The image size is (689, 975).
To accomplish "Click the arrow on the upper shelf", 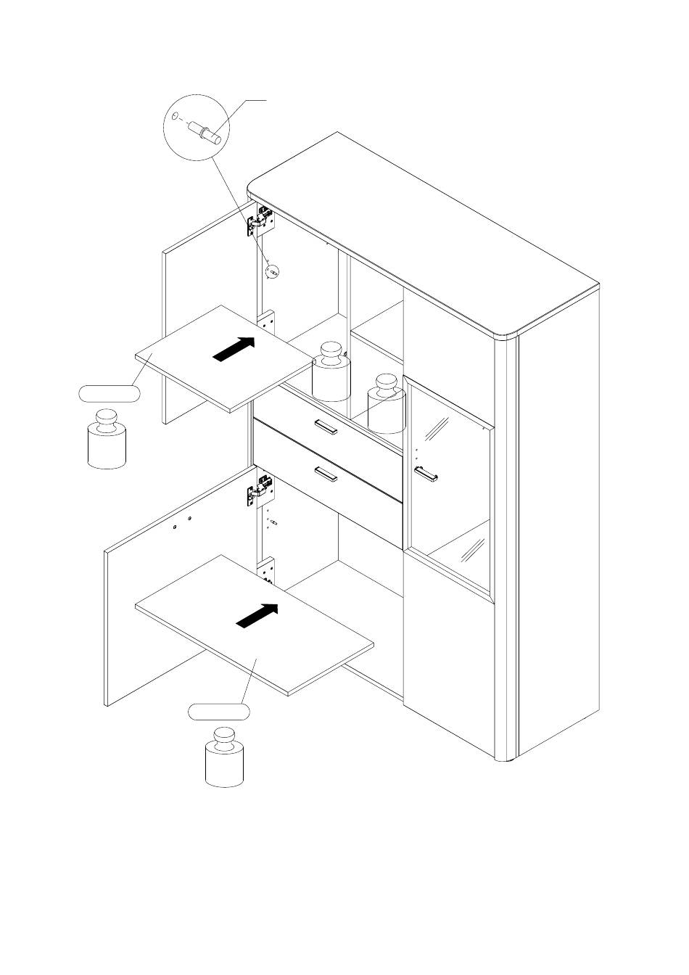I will pos(235,348).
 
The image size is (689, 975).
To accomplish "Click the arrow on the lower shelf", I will pos(257,616).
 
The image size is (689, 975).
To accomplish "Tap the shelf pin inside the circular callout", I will pos(202,132).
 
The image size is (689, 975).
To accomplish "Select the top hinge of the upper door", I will pos(260,220).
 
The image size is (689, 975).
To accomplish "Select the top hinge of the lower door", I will pos(260,490).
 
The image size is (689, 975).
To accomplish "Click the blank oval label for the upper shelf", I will pos(110,394).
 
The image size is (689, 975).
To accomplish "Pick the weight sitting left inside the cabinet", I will pos(331,371).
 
